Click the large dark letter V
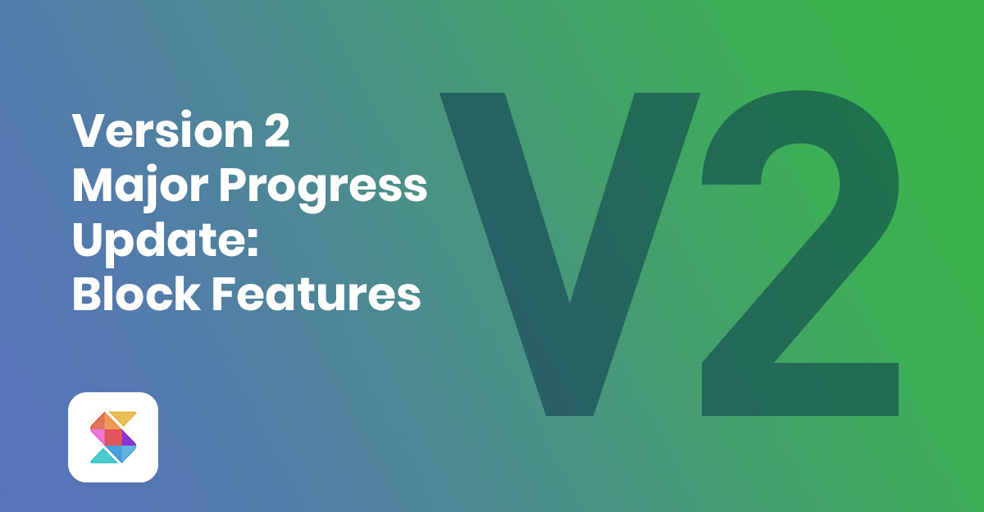tap(569, 246)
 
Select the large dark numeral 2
tap(799, 246)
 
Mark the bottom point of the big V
tap(569, 410)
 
